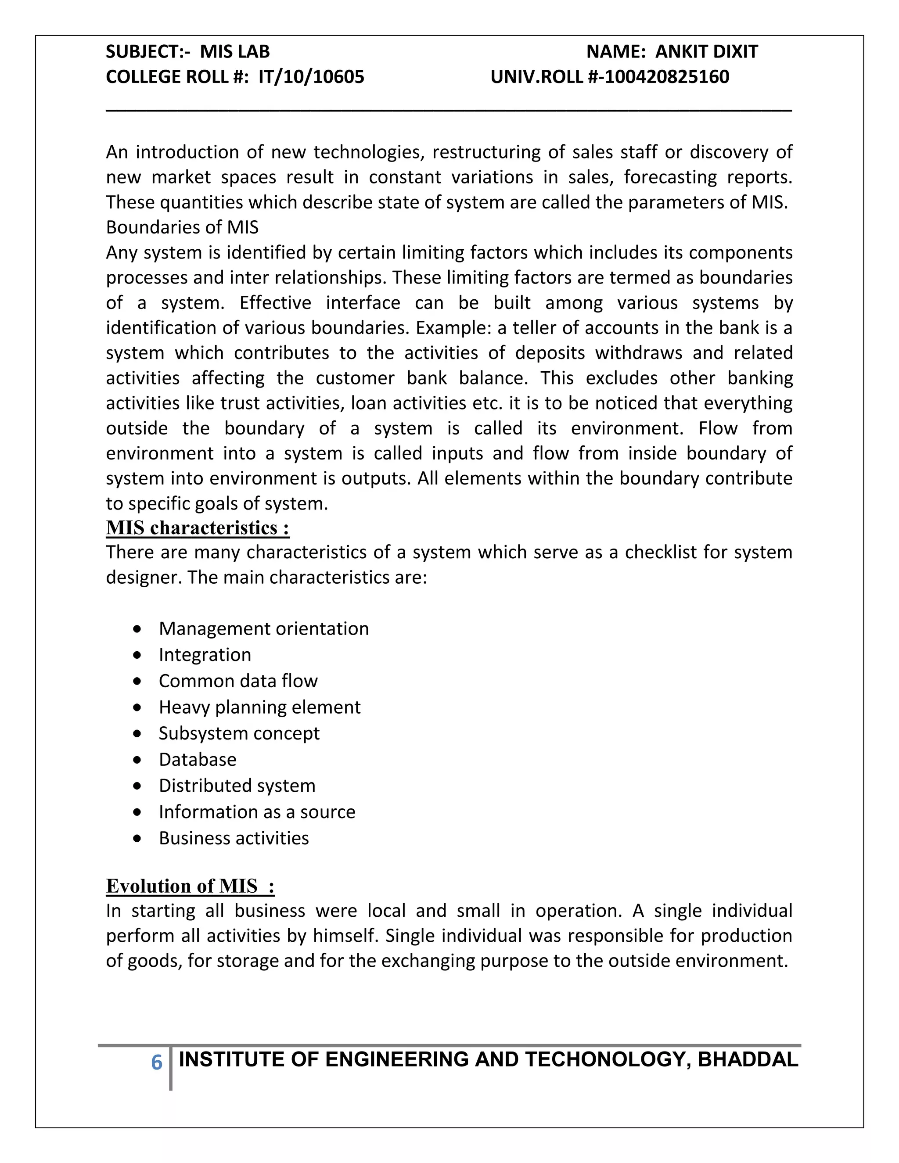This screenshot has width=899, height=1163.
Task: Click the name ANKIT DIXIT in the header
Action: pyautogui.click(x=706, y=52)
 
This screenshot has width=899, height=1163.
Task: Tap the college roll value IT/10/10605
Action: pyautogui.click(x=312, y=77)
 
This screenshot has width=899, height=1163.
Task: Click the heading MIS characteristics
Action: pyautogui.click(x=198, y=528)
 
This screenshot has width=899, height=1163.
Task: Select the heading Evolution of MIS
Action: pyautogui.click(x=190, y=886)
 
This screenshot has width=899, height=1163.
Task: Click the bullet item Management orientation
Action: pyautogui.click(x=264, y=628)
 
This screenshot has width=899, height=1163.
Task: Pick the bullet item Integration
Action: pyautogui.click(x=205, y=654)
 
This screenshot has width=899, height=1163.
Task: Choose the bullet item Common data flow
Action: pyautogui.click(x=238, y=681)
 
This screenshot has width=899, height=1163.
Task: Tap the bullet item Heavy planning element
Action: pyautogui.click(x=259, y=707)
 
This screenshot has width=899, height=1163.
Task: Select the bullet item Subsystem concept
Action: pyautogui.click(x=239, y=733)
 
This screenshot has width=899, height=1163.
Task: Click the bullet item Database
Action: pyautogui.click(x=198, y=759)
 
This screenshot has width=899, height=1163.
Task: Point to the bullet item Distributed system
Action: pyautogui.click(x=237, y=786)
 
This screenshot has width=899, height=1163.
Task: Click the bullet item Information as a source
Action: pyautogui.click(x=257, y=811)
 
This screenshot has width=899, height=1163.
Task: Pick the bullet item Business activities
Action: pyautogui.click(x=234, y=838)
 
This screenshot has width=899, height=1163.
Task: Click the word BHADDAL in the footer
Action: pyautogui.click(x=748, y=1060)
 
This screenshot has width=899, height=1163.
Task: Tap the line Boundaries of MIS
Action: pyautogui.click(x=182, y=227)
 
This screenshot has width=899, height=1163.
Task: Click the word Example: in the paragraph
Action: pyautogui.click(x=454, y=327)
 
